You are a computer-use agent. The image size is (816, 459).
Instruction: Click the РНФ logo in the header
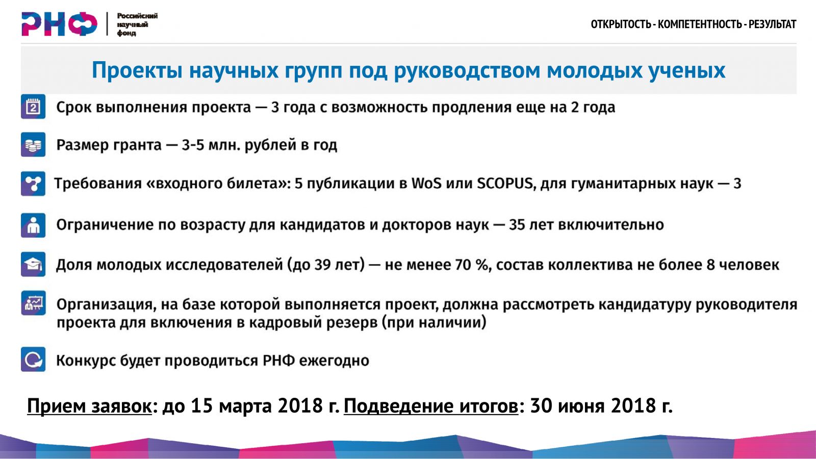click(59, 24)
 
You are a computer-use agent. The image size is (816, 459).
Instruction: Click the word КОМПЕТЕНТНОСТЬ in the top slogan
click(700, 24)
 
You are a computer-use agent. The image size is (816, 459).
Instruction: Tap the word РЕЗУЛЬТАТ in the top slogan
click(772, 24)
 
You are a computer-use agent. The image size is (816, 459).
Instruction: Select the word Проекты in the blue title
click(137, 70)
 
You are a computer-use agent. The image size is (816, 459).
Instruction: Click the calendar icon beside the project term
click(33, 107)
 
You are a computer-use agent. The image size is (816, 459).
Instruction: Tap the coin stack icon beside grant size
click(33, 144)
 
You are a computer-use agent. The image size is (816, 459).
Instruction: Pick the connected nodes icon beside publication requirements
click(33, 183)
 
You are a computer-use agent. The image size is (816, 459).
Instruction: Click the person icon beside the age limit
click(33, 225)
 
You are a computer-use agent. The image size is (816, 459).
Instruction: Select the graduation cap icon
click(33, 264)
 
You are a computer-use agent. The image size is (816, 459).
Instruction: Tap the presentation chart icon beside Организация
click(33, 303)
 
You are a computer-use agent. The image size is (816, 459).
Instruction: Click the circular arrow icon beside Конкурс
click(33, 359)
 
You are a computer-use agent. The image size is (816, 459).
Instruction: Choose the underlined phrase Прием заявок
click(89, 406)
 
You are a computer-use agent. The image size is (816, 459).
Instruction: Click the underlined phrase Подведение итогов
click(431, 406)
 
